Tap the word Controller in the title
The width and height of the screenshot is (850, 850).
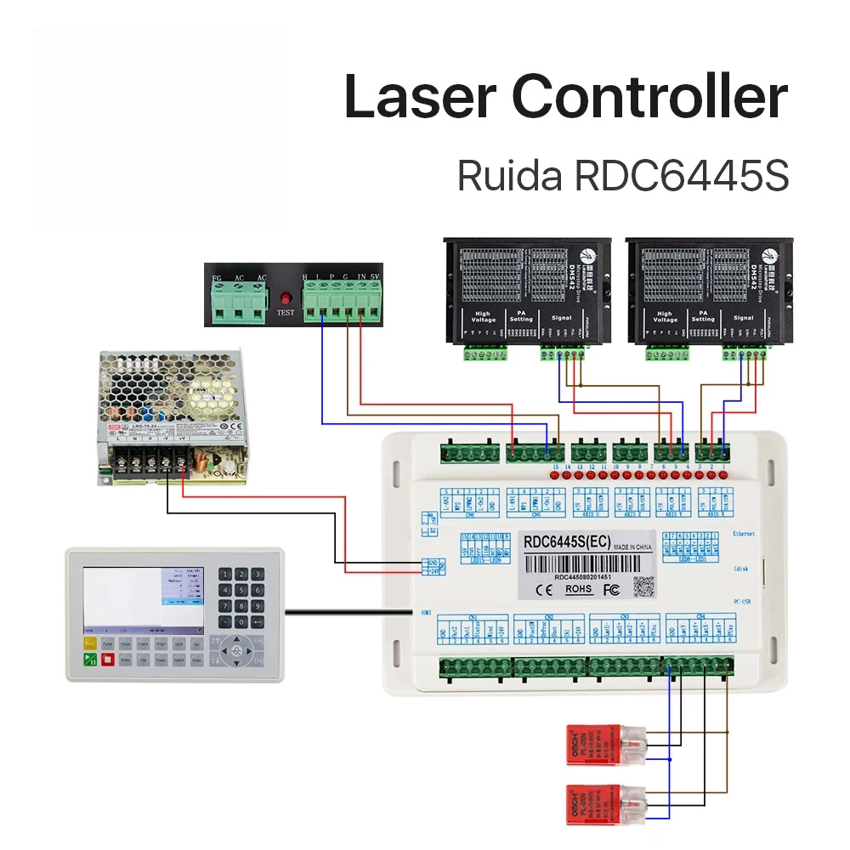651,97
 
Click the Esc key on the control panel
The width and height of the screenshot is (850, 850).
196,644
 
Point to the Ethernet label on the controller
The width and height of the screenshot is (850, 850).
744,534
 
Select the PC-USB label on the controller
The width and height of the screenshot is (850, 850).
743,602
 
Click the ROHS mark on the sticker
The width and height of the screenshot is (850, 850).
578,588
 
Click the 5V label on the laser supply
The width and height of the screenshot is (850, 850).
375,277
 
